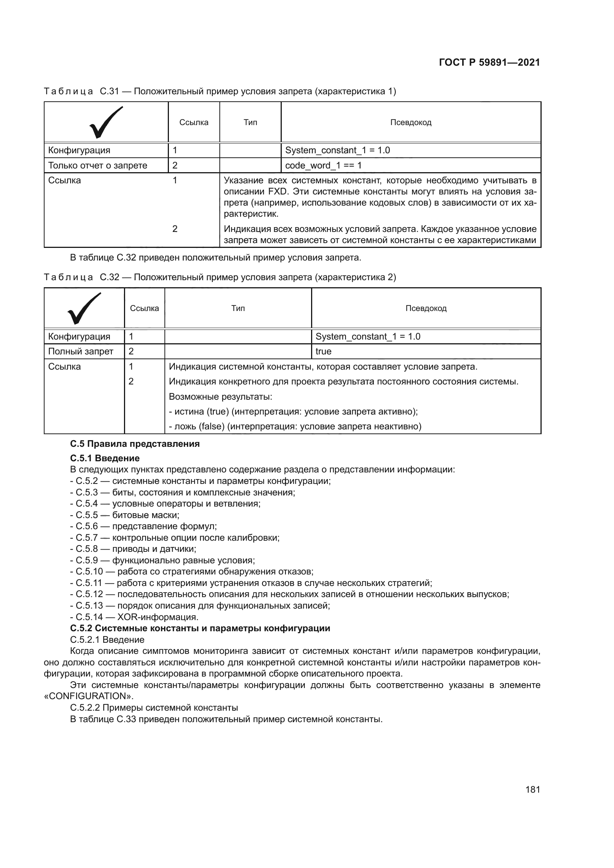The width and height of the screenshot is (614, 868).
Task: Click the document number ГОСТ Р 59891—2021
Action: click(x=489, y=62)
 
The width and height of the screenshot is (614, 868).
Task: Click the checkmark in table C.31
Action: click(x=106, y=122)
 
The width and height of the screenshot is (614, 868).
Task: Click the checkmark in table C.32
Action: click(x=84, y=308)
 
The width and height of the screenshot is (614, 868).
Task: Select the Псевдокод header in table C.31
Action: click(x=411, y=122)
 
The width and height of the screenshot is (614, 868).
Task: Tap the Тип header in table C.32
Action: click(x=238, y=308)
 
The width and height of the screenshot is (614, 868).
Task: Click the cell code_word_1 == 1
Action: click(x=323, y=165)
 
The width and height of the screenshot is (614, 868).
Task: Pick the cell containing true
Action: click(x=324, y=351)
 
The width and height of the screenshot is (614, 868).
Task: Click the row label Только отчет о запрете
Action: click(x=98, y=165)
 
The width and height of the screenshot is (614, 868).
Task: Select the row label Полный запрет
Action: click(x=81, y=351)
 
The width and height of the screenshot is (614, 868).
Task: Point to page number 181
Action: click(x=532, y=789)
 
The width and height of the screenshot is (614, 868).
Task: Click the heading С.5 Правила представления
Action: click(x=135, y=444)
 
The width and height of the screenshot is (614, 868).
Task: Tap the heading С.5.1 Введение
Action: click(x=105, y=458)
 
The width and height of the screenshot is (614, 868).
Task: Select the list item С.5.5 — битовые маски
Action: click(x=125, y=515)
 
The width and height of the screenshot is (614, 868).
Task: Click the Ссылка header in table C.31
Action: click(x=193, y=122)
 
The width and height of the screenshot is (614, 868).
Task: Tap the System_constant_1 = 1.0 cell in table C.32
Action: click(x=368, y=337)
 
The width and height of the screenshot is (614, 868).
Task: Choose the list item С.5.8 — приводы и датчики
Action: click(x=133, y=549)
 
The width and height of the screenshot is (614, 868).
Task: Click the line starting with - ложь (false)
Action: click(x=295, y=426)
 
